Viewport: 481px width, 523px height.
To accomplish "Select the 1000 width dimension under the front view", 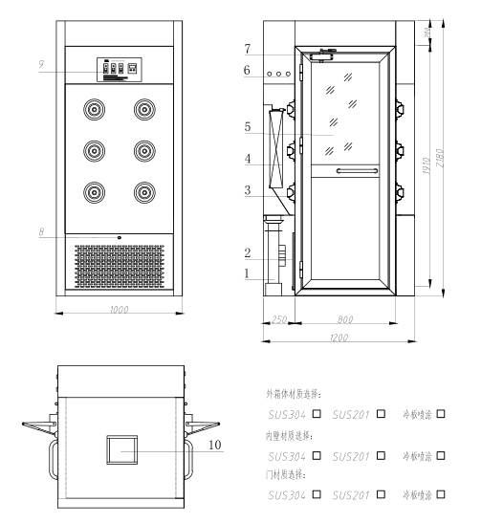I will click(119, 311).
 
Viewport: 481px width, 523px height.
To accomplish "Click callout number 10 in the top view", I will click(215, 445).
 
